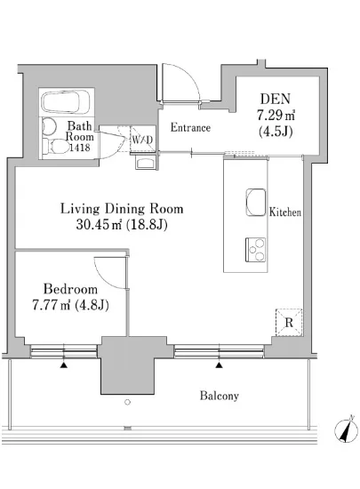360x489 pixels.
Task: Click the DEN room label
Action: coord(276,99)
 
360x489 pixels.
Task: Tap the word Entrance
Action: coord(190,127)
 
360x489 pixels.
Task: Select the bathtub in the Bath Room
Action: coord(66,101)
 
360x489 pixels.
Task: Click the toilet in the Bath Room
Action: coord(57,147)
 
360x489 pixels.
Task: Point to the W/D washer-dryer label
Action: coord(142,140)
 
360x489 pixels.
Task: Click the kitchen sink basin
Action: coord(256,202)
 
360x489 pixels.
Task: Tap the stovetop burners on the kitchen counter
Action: coord(256,250)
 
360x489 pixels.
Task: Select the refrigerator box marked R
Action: coord(289,323)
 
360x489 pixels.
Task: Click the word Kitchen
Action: coord(285,212)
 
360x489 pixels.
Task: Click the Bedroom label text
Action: coord(70,289)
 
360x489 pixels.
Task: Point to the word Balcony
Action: coord(220,396)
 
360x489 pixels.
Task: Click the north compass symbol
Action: coord(346,429)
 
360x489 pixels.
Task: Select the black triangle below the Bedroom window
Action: coord(64,365)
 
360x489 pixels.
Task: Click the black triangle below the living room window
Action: coord(220,365)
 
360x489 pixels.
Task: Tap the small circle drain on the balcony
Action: coord(127,402)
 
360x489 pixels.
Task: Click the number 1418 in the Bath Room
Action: coord(80,148)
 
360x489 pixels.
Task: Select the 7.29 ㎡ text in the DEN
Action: coord(276,116)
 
